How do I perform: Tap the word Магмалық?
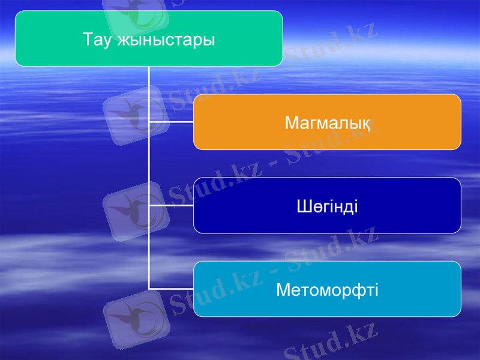327,123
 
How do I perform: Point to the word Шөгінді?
327,206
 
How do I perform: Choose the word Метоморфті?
327,290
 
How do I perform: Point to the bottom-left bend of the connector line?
149,289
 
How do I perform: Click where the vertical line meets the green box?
149,66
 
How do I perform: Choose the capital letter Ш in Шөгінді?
303,206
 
